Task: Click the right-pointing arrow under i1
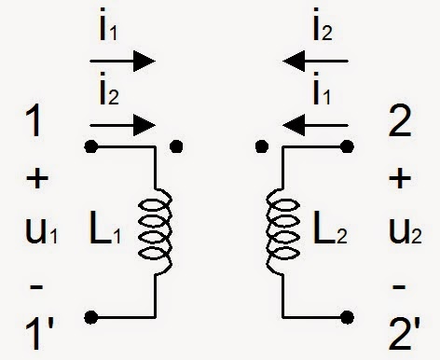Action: [x=122, y=62]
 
